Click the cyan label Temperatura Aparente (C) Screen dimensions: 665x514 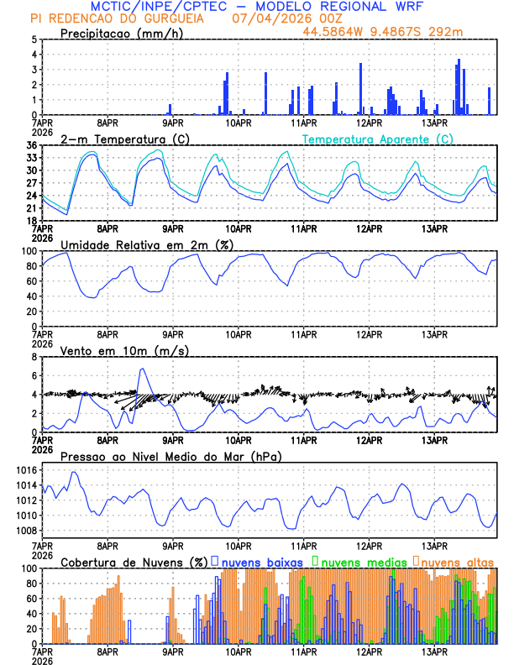point(378,139)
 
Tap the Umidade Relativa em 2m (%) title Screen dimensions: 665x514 point(147,244)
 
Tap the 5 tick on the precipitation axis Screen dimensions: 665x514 point(34,39)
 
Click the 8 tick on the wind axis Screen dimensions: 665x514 point(34,357)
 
